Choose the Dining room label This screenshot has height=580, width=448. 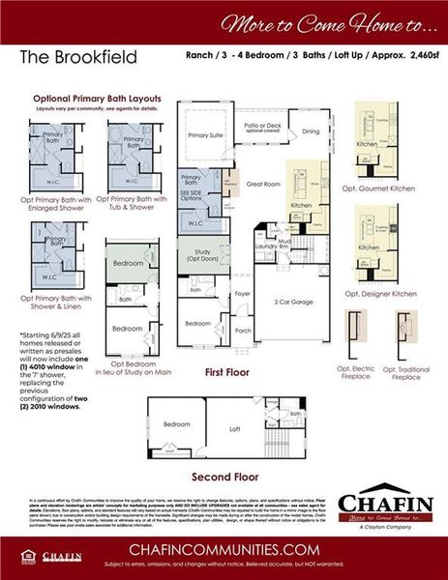(310, 130)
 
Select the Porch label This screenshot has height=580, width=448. (242, 331)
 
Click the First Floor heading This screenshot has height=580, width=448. (229, 371)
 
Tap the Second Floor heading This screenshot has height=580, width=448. (224, 477)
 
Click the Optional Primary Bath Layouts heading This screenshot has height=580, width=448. (98, 99)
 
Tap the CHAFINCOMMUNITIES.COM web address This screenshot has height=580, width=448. (224, 548)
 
